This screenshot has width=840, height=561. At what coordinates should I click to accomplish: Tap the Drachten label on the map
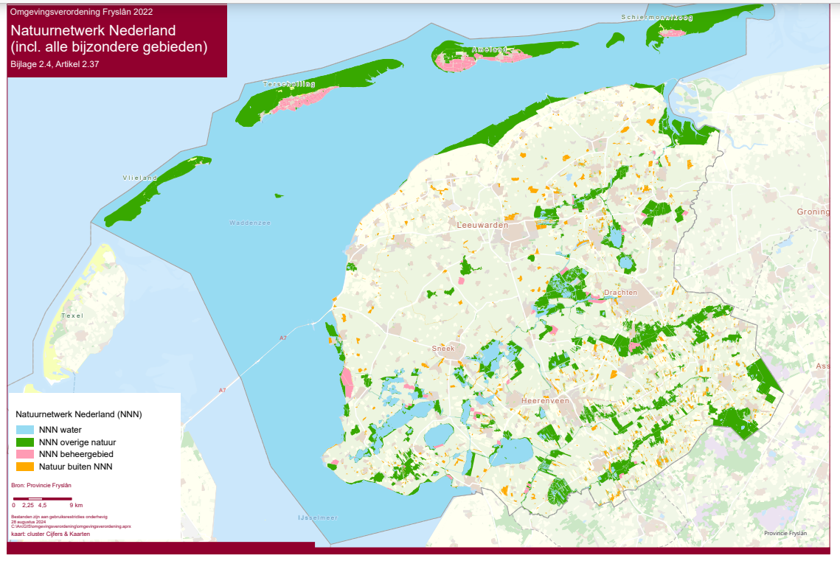(x=620, y=293)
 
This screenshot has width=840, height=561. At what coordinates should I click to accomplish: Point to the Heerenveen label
(x=545, y=400)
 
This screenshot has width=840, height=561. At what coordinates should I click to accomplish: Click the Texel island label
(x=72, y=316)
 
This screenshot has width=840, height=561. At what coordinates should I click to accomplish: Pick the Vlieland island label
(x=140, y=178)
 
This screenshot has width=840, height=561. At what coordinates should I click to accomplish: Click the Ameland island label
(x=490, y=49)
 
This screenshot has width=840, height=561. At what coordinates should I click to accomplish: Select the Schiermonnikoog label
(x=657, y=17)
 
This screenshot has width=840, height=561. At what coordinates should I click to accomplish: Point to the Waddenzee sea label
(x=246, y=223)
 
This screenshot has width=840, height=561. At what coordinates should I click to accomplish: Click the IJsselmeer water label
(x=317, y=518)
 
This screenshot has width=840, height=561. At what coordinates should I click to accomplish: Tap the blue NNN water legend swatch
(x=25, y=429)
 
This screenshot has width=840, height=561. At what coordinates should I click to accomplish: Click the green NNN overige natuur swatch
(x=25, y=442)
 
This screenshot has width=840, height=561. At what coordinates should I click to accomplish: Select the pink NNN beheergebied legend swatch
(x=25, y=454)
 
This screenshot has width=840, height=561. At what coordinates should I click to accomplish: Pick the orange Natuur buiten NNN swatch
(x=25, y=467)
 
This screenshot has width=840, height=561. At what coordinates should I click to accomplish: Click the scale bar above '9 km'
(x=44, y=500)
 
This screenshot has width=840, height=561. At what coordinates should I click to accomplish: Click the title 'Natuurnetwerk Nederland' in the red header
(x=93, y=31)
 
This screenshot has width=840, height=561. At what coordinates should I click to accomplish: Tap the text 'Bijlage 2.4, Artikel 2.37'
(x=55, y=64)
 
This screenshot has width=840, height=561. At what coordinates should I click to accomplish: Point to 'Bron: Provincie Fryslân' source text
(x=41, y=485)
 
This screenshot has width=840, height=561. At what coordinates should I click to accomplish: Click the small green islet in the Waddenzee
(x=278, y=196)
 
